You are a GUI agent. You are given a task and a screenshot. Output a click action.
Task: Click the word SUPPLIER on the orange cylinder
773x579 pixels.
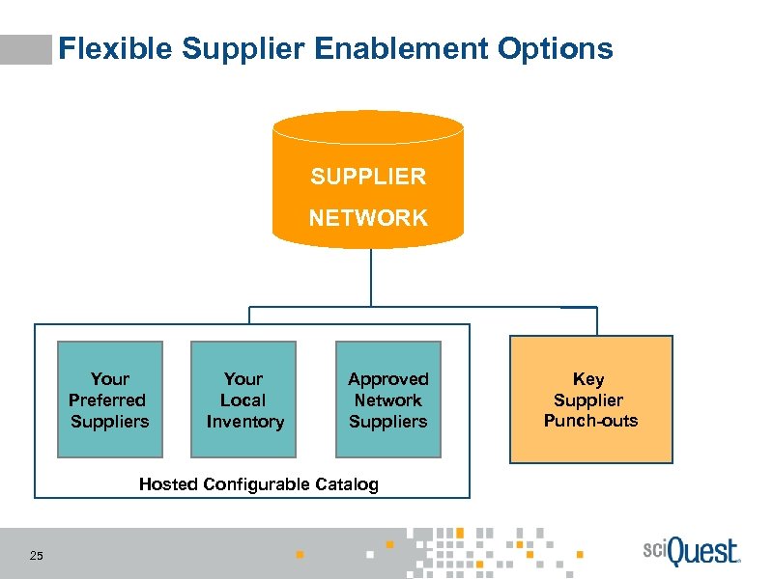click(x=367, y=177)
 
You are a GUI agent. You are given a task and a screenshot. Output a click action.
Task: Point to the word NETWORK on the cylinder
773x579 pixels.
click(x=367, y=218)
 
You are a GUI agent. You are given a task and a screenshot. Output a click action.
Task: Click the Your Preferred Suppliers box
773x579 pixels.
click(x=109, y=400)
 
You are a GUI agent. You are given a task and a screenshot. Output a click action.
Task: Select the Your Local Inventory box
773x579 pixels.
click(x=243, y=400)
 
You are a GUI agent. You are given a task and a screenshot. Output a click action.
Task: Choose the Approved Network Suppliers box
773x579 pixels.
click(x=387, y=400)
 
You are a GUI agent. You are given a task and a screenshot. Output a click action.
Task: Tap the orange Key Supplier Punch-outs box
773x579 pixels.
click(x=590, y=400)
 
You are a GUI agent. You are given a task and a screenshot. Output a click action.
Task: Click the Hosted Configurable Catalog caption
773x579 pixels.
click(x=258, y=484)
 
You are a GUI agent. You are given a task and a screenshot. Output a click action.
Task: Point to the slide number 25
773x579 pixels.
click(x=37, y=555)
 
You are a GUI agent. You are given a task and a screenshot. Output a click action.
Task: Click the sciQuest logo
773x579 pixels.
click(x=690, y=552)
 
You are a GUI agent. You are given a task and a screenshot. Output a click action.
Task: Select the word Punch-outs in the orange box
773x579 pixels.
click(x=590, y=421)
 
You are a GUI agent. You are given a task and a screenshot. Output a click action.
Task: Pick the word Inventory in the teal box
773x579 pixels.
click(x=244, y=422)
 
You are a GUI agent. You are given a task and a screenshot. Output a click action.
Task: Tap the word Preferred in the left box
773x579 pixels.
click(x=107, y=400)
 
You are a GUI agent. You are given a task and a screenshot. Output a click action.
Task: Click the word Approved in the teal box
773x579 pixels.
click(x=387, y=379)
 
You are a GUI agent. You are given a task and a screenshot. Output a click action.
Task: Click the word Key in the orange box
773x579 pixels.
click(x=588, y=379)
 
